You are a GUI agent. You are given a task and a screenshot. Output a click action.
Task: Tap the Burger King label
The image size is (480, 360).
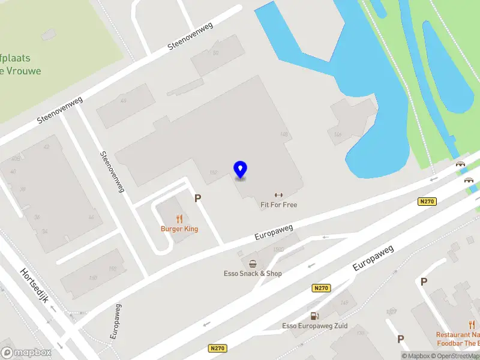pos(179,229)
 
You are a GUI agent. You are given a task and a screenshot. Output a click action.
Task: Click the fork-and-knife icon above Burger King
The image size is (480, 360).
pos(179,219)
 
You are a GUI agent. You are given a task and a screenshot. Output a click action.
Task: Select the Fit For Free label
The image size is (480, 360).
pos(278,205)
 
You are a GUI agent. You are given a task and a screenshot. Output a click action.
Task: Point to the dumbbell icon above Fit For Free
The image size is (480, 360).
pos(278,195)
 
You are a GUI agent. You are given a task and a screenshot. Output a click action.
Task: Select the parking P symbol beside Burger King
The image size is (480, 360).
pos(197,197)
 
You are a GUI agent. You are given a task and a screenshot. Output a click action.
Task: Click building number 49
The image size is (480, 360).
pos(124,101)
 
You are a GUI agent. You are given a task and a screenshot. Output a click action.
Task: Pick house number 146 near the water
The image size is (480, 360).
pos(338,134)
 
